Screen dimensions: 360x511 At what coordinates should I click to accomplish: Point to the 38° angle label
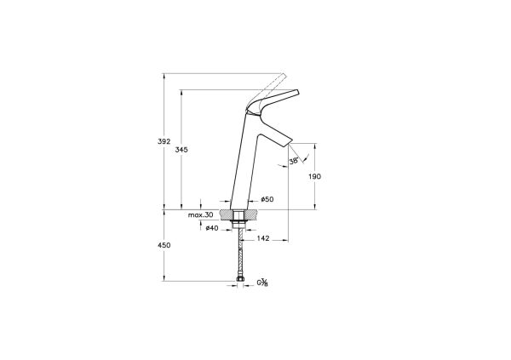[x=294, y=160]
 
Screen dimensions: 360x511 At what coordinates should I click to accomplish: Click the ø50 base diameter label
[x=267, y=199]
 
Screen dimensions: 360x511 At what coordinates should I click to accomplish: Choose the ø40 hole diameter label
[x=212, y=228]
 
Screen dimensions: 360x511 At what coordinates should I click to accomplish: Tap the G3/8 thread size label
[x=263, y=283]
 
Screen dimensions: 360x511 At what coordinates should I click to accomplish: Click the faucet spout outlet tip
[x=284, y=140]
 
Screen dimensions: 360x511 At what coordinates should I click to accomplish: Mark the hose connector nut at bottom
[x=242, y=280]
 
